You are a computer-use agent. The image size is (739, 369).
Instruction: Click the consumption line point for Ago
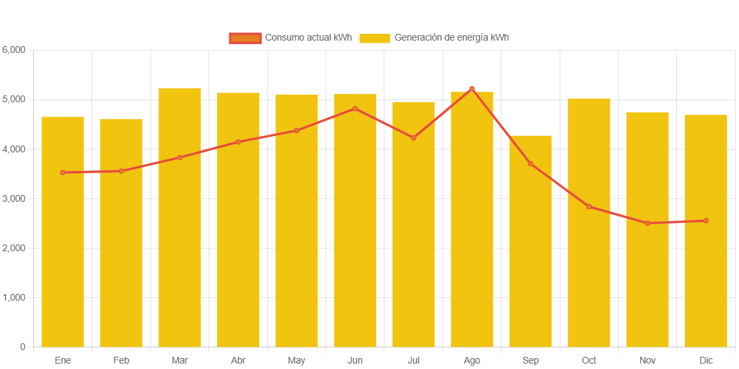[472, 89]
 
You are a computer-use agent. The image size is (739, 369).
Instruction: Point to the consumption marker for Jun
[355, 108]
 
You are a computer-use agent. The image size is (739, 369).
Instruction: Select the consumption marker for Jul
[413, 137]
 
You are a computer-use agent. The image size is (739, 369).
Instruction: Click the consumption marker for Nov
[648, 223]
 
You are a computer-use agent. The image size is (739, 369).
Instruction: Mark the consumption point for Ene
[63, 173]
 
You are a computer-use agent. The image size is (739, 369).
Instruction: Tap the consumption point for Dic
[706, 221]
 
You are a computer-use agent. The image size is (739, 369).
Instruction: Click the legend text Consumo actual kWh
[308, 38]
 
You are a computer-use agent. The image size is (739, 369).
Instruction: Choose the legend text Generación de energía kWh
[451, 38]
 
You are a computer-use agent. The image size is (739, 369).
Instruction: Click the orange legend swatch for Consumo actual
[245, 38]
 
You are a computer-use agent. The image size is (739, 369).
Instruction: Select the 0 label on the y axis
[22, 347]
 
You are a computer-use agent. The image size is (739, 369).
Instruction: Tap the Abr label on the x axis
[238, 360]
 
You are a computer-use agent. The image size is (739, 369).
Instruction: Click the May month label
[296, 360]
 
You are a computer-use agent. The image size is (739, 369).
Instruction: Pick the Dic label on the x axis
[706, 360]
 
